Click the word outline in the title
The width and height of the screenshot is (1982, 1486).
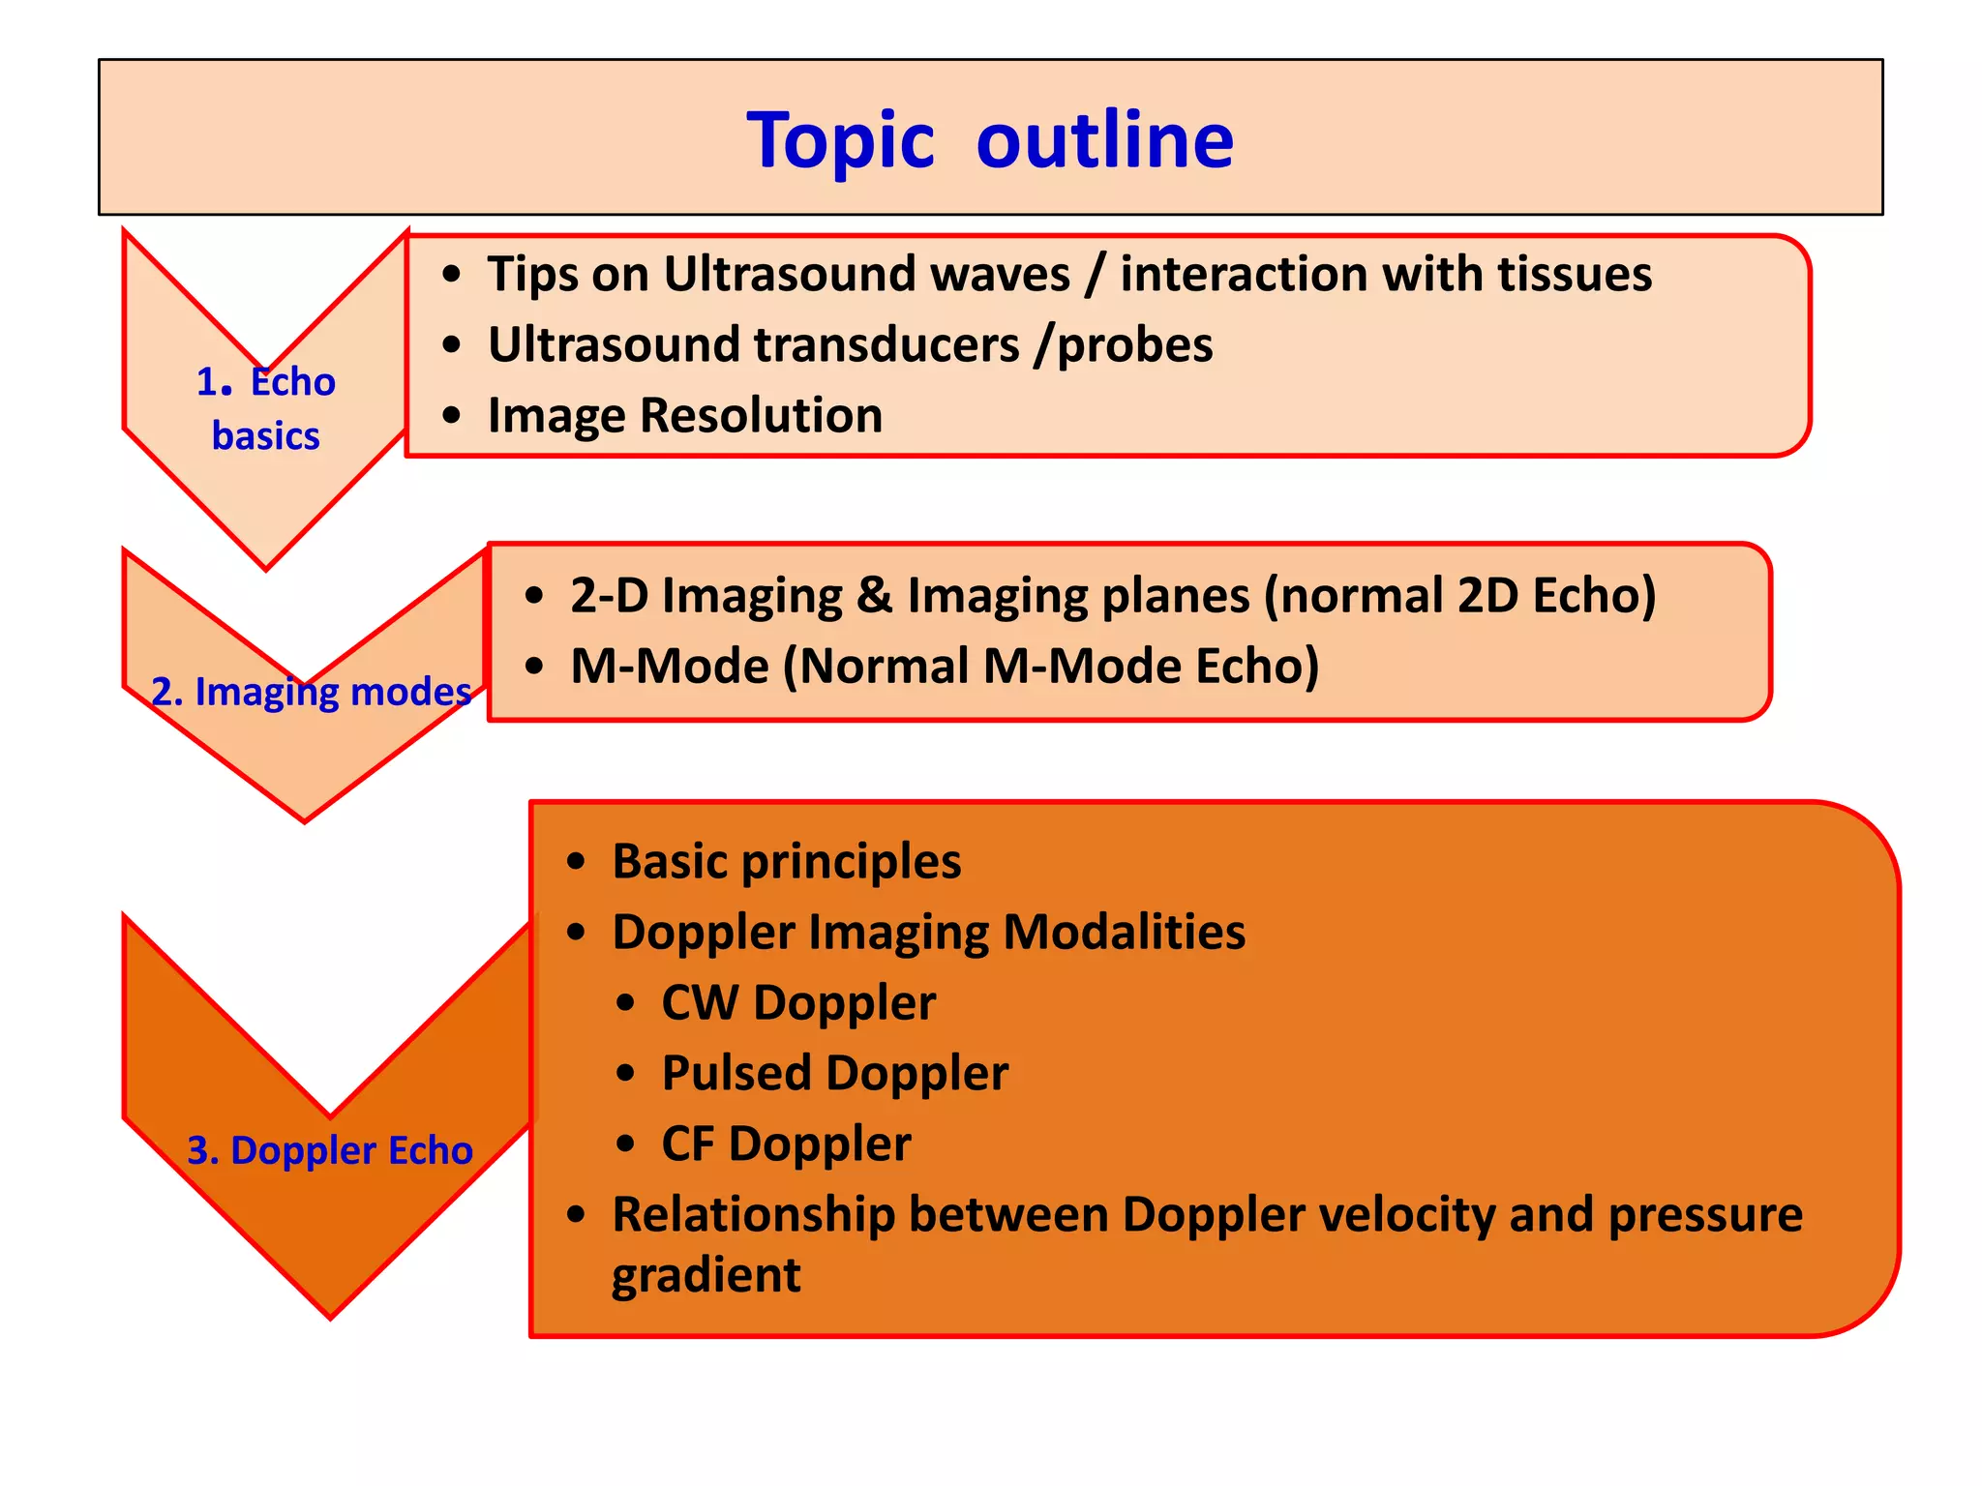click(x=1104, y=139)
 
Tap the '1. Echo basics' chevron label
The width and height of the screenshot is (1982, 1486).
click(x=266, y=408)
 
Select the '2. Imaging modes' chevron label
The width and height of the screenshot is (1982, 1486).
click(x=311, y=692)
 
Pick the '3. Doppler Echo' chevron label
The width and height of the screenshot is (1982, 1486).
click(x=329, y=1150)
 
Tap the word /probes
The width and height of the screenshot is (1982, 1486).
click(x=1123, y=345)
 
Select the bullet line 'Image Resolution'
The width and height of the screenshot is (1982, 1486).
click(x=684, y=416)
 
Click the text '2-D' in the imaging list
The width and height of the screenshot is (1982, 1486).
click(x=609, y=595)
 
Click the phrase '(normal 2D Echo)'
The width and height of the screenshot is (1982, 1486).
click(x=1460, y=595)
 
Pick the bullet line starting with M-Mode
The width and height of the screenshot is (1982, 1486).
click(x=944, y=667)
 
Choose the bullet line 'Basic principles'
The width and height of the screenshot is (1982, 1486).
click(x=786, y=861)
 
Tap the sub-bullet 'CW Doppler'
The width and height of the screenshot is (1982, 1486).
click(x=797, y=1002)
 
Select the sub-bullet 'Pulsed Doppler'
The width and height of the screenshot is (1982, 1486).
click(x=834, y=1073)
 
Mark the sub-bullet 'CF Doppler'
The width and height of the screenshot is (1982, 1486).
click(x=785, y=1144)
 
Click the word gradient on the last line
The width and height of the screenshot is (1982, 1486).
click(x=706, y=1275)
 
